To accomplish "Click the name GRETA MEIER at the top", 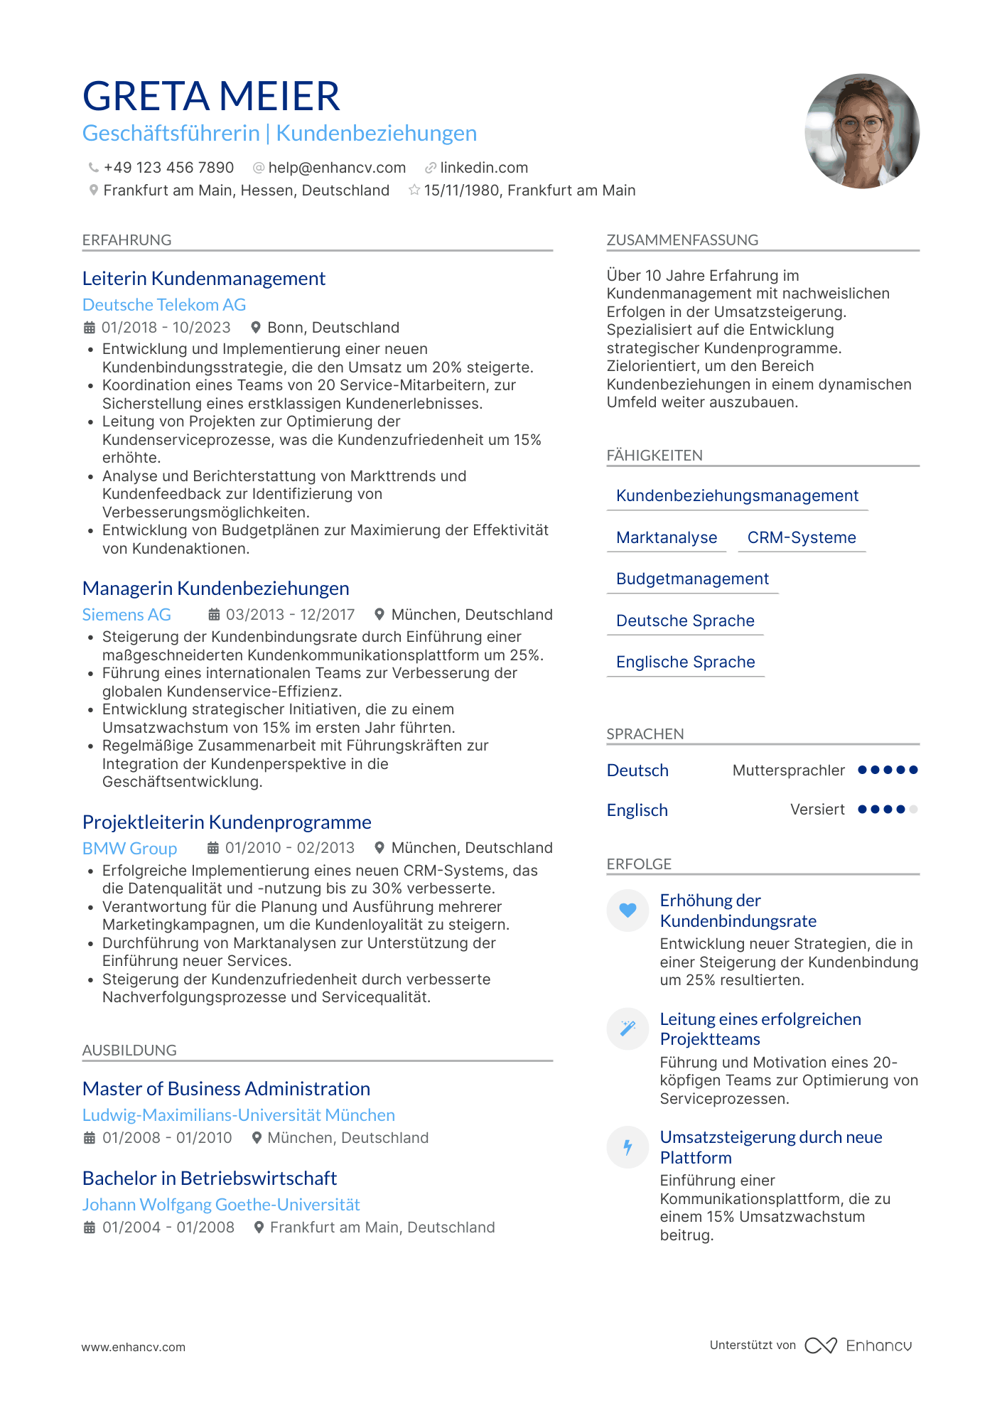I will (x=211, y=96).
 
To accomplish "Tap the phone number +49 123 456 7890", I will (x=168, y=168).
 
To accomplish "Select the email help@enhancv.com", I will (x=337, y=168).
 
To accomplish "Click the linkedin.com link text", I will (x=483, y=168).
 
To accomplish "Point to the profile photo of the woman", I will (x=861, y=131).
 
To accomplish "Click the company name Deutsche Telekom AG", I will (x=164, y=305).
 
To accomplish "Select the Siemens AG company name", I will (x=126, y=615).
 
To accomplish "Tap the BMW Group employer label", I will (x=129, y=848).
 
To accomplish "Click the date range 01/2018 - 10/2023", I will (x=166, y=328).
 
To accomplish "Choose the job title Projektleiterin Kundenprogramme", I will (x=227, y=822).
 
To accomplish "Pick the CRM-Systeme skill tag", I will (x=802, y=538).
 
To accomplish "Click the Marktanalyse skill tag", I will (x=667, y=538).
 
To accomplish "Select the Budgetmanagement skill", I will (x=692, y=579).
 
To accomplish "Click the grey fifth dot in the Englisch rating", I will (x=913, y=810).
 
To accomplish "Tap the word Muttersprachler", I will (x=788, y=770).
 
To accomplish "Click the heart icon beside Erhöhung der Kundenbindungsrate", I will (x=627, y=910).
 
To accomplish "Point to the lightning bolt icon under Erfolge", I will (x=627, y=1146).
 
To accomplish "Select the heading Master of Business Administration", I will (x=226, y=1089).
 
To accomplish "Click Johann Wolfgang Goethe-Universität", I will (x=221, y=1205).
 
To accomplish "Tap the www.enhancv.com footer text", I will (x=134, y=1347).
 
